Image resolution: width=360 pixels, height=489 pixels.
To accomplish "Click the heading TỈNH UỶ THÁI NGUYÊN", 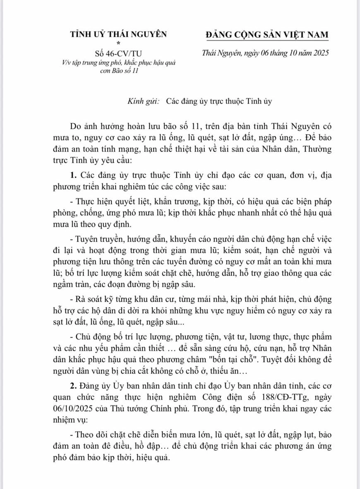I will (x=119, y=35).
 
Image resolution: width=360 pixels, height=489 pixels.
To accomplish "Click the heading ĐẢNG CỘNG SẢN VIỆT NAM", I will (x=267, y=35).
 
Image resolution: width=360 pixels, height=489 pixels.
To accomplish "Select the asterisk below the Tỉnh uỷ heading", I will (x=118, y=43).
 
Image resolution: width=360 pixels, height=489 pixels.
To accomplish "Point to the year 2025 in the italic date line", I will (x=317, y=54).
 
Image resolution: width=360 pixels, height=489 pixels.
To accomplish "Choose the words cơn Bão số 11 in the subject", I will (x=118, y=71).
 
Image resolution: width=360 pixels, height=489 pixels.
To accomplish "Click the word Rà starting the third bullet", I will (x=80, y=299).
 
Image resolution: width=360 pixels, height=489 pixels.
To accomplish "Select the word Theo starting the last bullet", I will (x=86, y=435).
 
